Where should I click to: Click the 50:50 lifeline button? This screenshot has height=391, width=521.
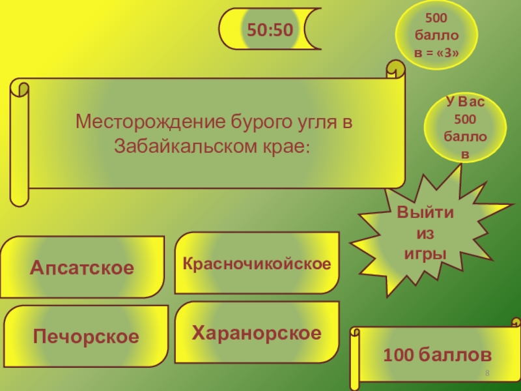(x=269, y=29)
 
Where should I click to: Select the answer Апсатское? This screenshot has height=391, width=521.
(x=81, y=268)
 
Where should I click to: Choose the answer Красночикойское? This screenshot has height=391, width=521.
(x=257, y=263)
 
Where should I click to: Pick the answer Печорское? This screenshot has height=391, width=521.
(x=86, y=337)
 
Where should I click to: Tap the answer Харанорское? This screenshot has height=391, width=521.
(x=257, y=333)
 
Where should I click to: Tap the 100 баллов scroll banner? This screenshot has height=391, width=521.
(x=437, y=355)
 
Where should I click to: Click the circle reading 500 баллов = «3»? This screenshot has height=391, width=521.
(x=437, y=37)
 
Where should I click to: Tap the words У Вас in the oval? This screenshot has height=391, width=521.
(x=465, y=102)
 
